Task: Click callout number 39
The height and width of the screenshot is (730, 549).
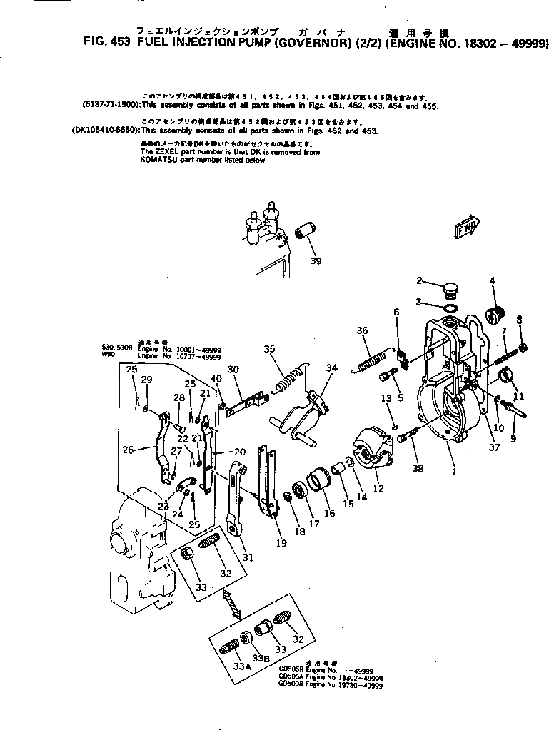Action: point(316,261)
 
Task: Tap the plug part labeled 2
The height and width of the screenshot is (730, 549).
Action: point(450,291)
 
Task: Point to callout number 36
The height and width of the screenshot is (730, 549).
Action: point(362,330)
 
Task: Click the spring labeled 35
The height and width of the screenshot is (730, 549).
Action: point(289,379)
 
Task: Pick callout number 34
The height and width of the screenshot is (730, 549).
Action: point(331,368)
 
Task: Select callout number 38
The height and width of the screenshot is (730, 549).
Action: point(418,468)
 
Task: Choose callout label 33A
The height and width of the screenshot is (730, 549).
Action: point(243,666)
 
